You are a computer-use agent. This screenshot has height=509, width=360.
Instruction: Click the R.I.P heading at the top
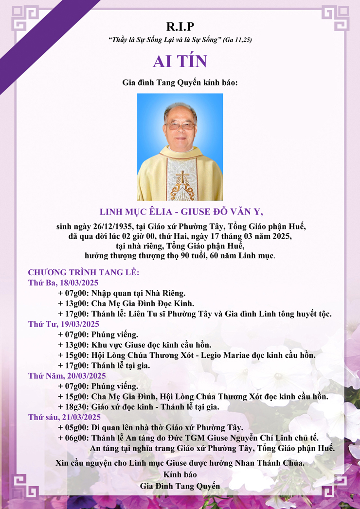[180, 27]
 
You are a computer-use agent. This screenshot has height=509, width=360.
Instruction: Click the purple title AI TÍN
[180, 61]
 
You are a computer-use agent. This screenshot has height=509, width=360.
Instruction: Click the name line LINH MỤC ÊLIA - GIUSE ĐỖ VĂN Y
[180, 212]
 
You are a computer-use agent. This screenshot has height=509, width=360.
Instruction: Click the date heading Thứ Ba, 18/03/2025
[63, 282]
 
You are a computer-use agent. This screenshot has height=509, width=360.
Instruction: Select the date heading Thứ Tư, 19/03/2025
[63, 324]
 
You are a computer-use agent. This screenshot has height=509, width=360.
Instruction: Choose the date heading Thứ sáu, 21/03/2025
[64, 417]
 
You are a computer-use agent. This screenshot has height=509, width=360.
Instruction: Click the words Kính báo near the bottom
[180, 474]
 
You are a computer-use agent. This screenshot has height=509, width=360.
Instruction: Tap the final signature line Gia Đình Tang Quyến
[180, 485]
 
